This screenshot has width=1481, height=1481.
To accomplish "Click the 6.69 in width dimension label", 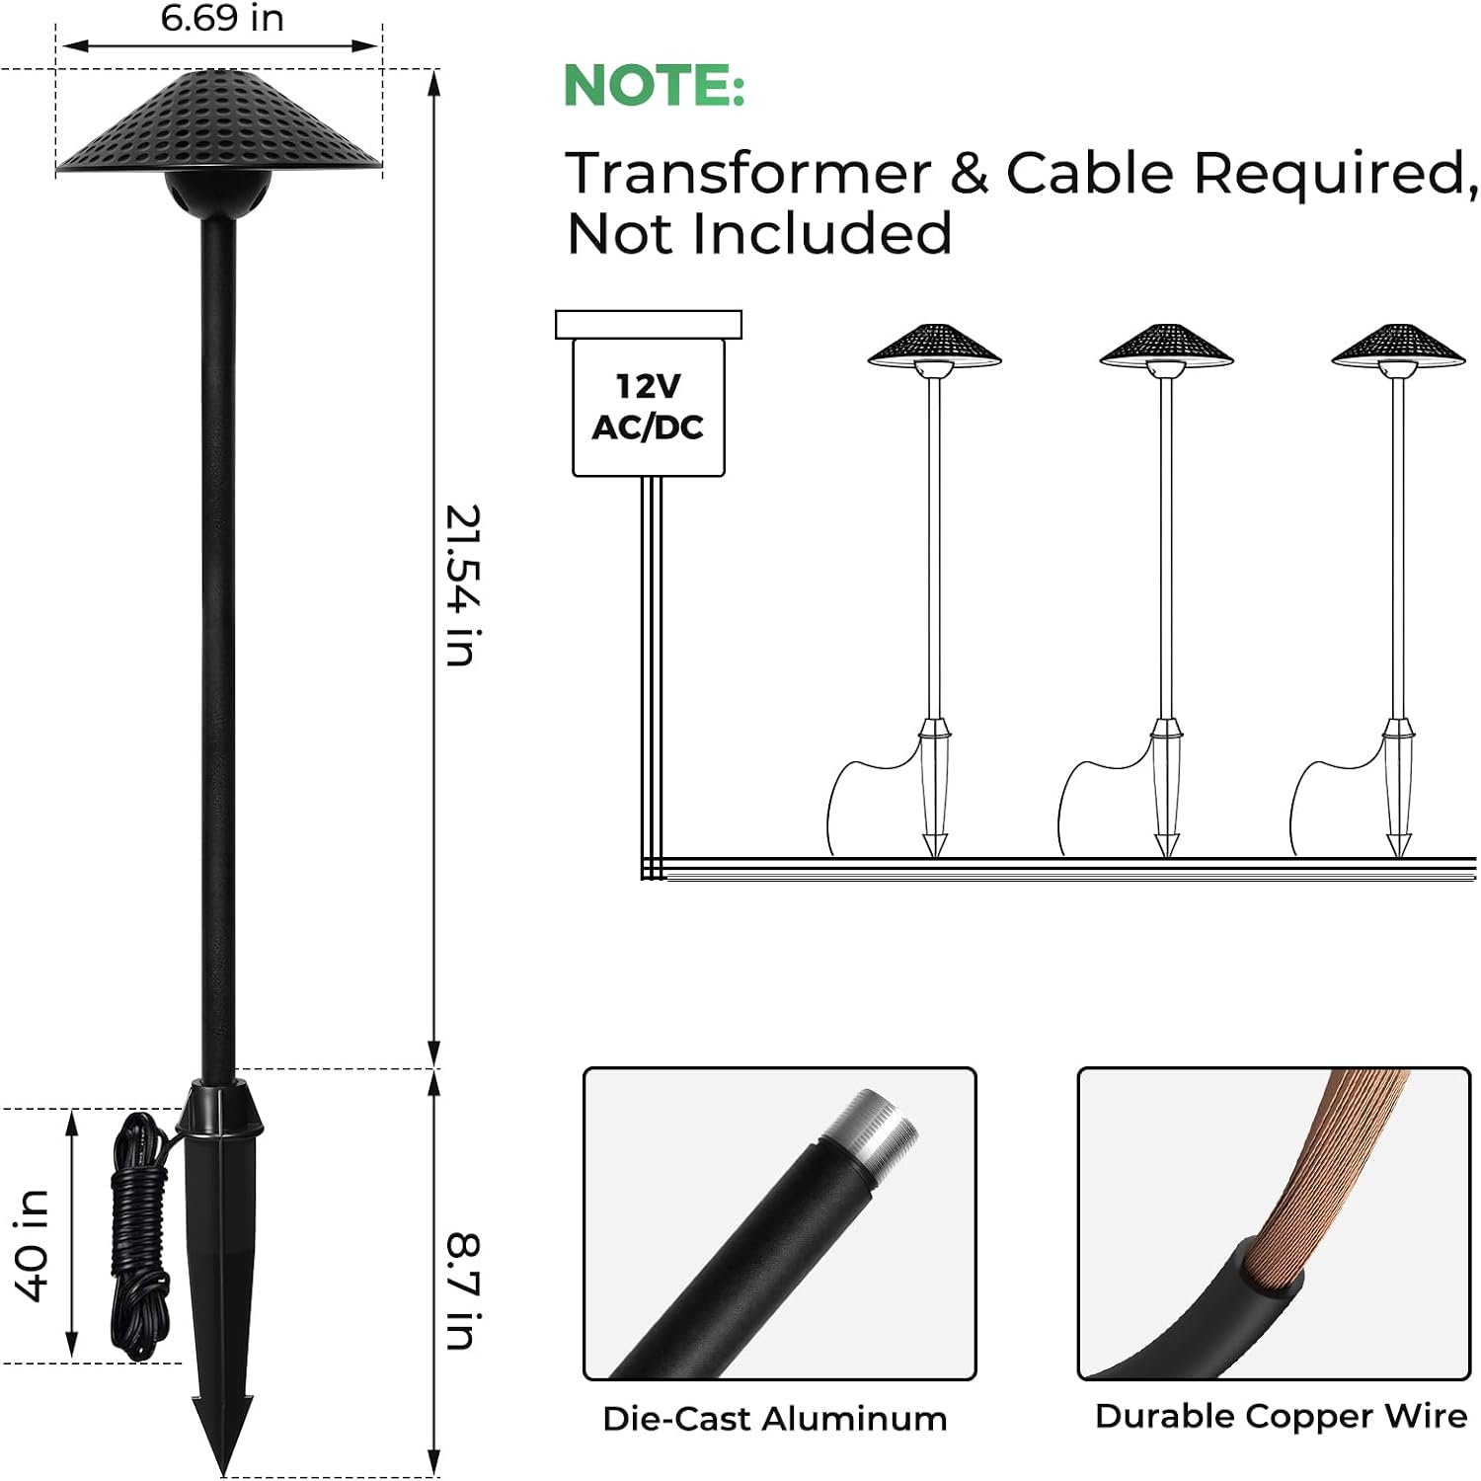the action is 222,18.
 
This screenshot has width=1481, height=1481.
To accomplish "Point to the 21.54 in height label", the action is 462,585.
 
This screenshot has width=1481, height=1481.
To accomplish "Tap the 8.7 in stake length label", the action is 462,1290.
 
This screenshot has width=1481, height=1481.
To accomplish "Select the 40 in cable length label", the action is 32,1246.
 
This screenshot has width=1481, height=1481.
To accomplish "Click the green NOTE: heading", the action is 654,86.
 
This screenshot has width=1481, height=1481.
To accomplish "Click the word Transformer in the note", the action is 748,174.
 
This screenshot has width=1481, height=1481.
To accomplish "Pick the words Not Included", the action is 759,234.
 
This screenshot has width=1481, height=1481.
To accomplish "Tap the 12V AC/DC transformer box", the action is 649,407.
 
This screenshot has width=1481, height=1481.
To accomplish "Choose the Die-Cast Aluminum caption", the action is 775,1419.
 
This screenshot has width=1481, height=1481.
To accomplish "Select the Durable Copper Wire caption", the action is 1281,1417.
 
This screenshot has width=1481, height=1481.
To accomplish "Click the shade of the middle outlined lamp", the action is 1166,346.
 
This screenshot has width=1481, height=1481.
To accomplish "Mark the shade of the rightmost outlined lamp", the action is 1398,346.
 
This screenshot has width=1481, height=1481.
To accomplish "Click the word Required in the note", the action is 1335,174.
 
